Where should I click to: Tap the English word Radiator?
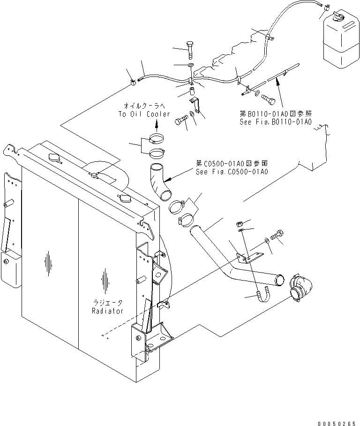[x=108, y=311]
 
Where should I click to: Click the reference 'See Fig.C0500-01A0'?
[x=231, y=172]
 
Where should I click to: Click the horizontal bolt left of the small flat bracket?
[x=181, y=121]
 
